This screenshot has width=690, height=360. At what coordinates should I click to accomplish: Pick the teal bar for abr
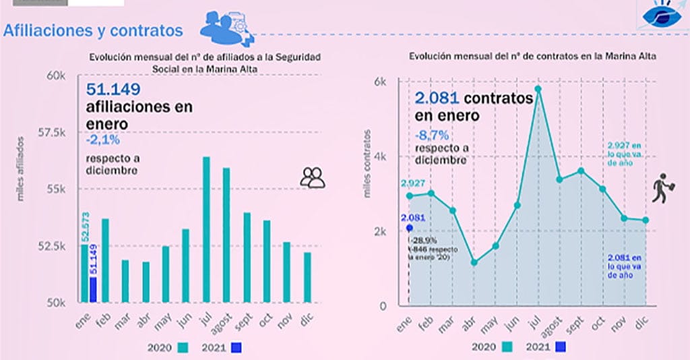pos(146,282)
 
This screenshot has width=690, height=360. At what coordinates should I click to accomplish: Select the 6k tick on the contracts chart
pos(380,82)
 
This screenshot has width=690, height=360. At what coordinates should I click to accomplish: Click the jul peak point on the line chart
pos(538,88)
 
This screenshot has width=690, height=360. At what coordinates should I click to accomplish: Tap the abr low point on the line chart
pos(474,262)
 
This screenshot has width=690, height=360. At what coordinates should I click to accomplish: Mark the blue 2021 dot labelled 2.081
pos(409,228)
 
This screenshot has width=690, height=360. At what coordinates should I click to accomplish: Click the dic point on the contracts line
pos(646,220)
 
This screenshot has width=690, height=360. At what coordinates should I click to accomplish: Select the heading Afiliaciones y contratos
pos(93,31)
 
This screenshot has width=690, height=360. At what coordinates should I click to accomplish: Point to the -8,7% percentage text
pos(431,134)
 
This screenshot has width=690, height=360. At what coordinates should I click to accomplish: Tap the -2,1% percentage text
pos(102,140)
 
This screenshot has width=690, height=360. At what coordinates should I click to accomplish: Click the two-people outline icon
pos(313,178)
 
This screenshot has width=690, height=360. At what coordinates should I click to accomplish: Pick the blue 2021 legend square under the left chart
pos(236,348)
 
